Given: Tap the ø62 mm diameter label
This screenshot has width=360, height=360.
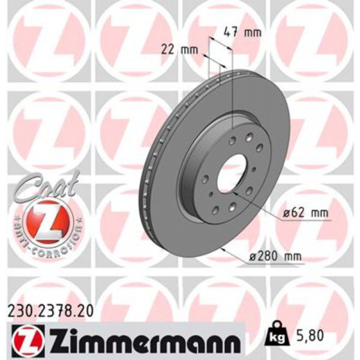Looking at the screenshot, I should pos(306,213).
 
